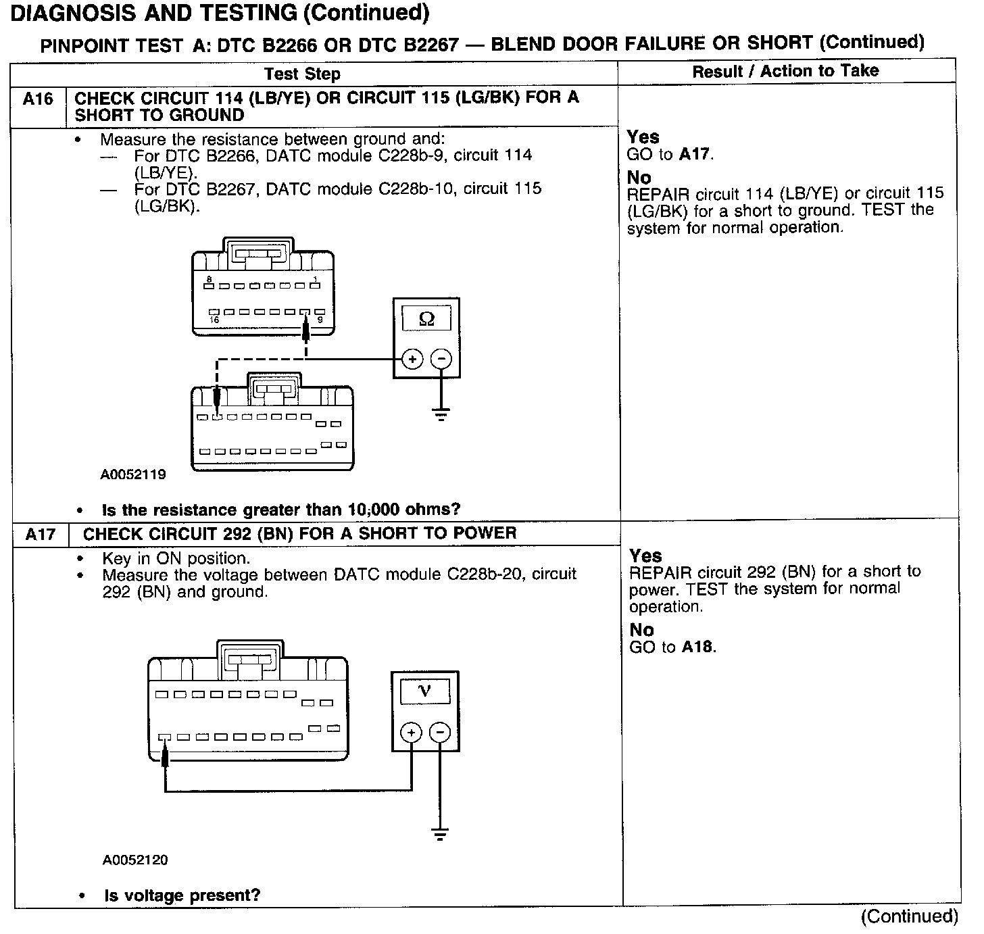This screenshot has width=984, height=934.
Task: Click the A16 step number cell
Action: tap(38, 100)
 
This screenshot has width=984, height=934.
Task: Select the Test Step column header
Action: tap(302, 74)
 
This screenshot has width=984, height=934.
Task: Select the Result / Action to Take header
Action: tap(785, 71)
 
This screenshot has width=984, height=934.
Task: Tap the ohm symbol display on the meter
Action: tap(426, 318)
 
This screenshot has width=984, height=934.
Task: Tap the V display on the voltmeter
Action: tap(425, 691)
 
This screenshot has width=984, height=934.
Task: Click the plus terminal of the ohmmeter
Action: tap(412, 359)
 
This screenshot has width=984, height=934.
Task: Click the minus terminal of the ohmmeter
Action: tap(441, 359)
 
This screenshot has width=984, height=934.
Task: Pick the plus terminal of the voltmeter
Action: tap(411, 733)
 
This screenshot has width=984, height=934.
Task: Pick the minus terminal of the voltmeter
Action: tap(440, 733)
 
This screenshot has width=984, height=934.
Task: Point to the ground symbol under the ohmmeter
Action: tap(441, 414)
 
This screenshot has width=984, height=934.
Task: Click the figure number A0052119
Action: tap(133, 474)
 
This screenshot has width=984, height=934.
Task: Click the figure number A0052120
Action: tap(135, 860)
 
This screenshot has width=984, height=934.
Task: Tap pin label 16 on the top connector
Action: tap(214, 320)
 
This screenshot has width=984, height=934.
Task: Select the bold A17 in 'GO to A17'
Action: tap(694, 155)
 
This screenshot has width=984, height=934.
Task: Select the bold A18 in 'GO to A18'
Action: tap(697, 647)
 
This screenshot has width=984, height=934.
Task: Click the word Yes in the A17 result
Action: tap(645, 556)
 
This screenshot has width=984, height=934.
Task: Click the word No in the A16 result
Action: tap(639, 178)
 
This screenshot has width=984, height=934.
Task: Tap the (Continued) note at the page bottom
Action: tap(909, 916)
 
